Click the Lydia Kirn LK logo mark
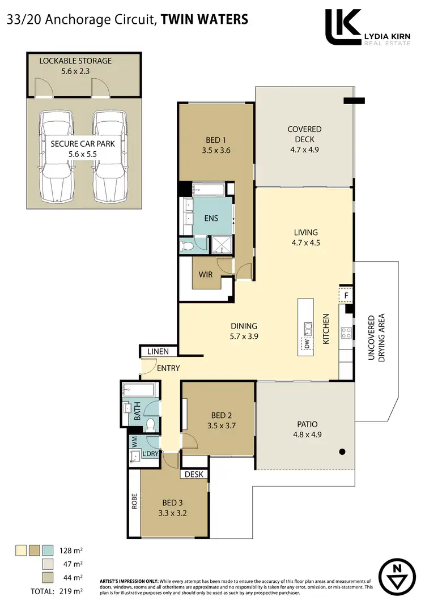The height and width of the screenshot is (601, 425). coord(343,27)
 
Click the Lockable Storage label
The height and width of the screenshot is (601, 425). coord(75,61)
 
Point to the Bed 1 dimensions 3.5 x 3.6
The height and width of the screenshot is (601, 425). coord(215,151)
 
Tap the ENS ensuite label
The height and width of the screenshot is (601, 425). coord(211,218)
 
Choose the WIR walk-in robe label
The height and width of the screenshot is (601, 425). coord(206,275)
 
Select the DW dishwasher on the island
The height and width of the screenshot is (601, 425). coord(306,343)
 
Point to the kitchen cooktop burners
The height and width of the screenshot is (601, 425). coord(345,333)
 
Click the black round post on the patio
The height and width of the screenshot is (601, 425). coord(342,451)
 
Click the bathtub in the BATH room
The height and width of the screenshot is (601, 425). coord(138,390)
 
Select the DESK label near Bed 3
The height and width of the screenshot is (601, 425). coord(194,474)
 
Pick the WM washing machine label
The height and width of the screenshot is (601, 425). coord(135,440)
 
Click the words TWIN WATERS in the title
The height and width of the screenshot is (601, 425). coord(205,19)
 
